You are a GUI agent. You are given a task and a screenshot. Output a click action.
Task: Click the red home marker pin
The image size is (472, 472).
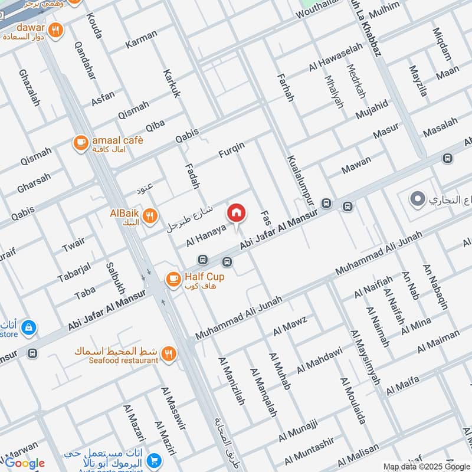[236, 212]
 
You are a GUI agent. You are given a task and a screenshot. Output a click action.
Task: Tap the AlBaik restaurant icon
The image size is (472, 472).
[150, 217]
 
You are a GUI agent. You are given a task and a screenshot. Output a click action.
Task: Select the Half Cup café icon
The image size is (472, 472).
[173, 280]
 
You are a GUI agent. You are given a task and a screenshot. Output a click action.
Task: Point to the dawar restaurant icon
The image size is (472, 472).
[55, 30]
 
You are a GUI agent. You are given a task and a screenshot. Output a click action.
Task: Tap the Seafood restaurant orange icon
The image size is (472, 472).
[169, 353]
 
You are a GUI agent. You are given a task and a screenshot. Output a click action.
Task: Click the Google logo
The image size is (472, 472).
[25, 463]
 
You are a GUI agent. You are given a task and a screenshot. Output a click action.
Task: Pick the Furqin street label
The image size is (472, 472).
[231, 150]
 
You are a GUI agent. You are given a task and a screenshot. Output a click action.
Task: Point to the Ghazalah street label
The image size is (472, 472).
[29, 88]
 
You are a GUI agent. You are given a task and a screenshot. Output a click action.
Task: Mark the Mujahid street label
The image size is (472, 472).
[371, 109]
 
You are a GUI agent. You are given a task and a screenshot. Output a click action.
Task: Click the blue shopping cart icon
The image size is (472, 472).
[155, 460]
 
